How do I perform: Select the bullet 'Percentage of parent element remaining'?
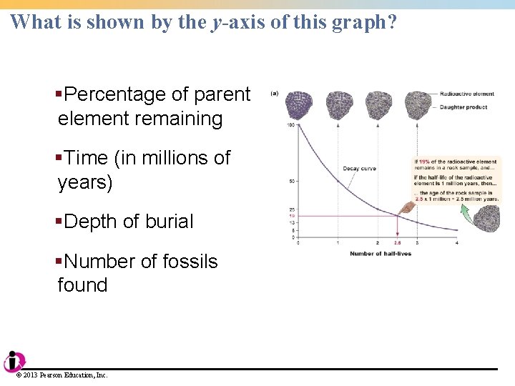coord(154,106)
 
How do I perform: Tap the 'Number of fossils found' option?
coord(137,273)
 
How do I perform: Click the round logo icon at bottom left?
coord(13,362)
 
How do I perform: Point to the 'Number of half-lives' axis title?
coord(380,254)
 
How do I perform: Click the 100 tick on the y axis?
coord(291,126)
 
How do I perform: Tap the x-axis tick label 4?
coord(456,244)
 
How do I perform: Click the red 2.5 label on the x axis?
coord(398,244)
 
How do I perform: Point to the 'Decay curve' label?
coord(359,169)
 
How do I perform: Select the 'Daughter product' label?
coord(463,107)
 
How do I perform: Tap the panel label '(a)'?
coord(274,93)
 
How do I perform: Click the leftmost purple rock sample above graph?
coord(298,107)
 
